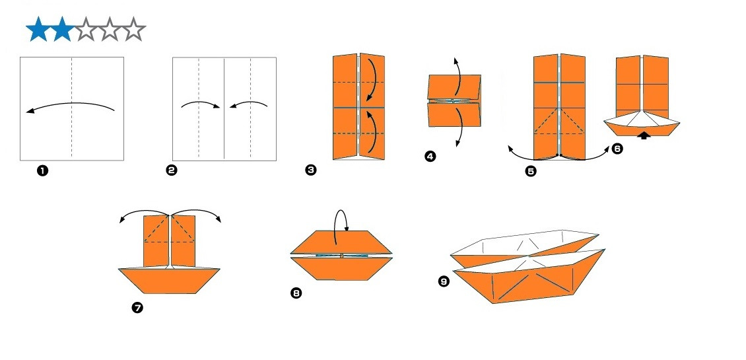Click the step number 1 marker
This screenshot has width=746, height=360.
(x=42, y=171)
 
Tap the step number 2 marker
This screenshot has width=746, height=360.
(x=171, y=170)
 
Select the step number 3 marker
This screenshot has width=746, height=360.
(x=310, y=170)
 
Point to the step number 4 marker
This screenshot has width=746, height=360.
(x=430, y=157)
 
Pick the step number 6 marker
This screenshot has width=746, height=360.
(x=617, y=149)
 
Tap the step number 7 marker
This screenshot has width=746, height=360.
(x=137, y=307)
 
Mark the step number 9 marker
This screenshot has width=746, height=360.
(x=444, y=281)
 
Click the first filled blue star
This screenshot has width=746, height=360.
(x=38, y=30)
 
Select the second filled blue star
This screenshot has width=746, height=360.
(x=62, y=30)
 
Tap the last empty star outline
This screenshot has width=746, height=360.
(x=134, y=30)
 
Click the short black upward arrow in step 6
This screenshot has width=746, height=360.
(x=643, y=135)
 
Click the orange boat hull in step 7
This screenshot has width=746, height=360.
(x=169, y=281)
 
